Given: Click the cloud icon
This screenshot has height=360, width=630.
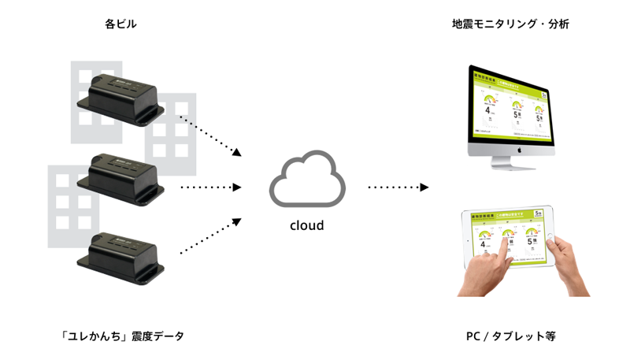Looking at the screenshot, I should [308, 182].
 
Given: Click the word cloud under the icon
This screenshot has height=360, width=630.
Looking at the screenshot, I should [307, 225].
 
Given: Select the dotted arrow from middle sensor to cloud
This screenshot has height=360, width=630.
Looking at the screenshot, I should [209, 187].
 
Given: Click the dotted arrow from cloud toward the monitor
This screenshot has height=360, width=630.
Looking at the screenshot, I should [398, 187].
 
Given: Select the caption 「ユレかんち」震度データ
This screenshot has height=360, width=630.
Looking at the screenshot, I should [121, 336].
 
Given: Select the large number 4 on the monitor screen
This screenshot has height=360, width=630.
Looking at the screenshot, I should [489, 111].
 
